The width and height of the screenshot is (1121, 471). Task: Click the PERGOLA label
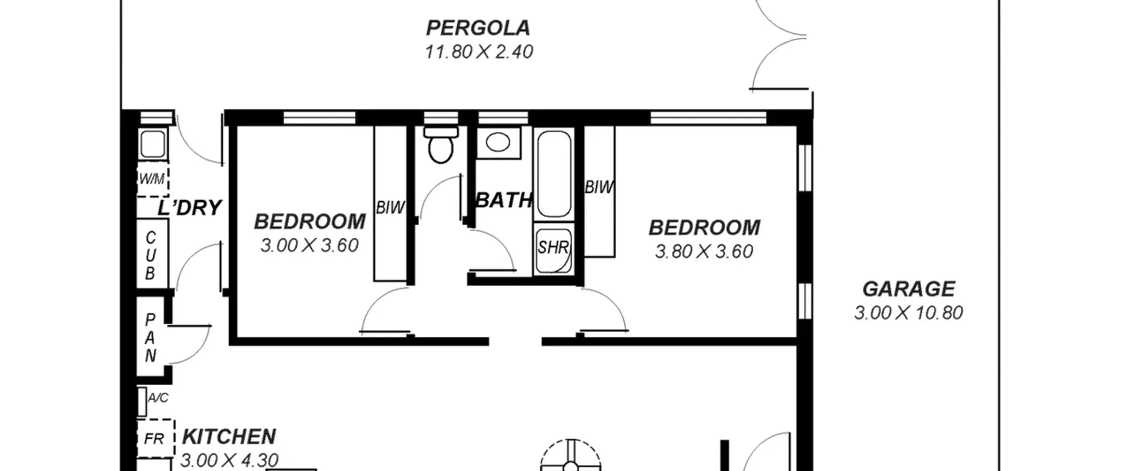coord(478,28)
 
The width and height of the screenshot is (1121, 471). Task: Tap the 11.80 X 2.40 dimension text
coord(479,52)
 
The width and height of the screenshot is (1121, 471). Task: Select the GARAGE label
coord(909,289)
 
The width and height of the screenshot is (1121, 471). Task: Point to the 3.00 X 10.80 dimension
coord(909,313)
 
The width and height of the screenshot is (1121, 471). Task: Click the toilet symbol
coord(441,145)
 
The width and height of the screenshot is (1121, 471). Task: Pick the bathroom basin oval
coord(498,142)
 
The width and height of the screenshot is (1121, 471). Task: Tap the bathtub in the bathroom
coord(554,174)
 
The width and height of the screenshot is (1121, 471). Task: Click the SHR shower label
coord(553,248)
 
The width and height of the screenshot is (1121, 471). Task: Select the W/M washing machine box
coord(153,179)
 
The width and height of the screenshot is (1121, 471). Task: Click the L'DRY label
coord(190,208)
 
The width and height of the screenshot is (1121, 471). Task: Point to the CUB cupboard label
coord(150,255)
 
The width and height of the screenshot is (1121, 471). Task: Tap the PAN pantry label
coord(150,338)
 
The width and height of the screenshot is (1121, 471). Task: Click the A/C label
coord(158,398)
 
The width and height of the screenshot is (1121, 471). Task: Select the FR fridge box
coord(155,439)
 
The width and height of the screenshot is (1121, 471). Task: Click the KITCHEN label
coord(229,437)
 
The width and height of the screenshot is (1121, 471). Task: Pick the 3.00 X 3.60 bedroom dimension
coord(310,245)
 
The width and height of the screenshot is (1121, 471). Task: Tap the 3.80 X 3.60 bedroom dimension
coord(704,251)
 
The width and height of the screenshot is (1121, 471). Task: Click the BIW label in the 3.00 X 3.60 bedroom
coord(390,208)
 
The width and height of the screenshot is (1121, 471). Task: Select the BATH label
coord(504,200)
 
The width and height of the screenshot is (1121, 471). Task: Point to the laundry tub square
coord(153,143)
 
